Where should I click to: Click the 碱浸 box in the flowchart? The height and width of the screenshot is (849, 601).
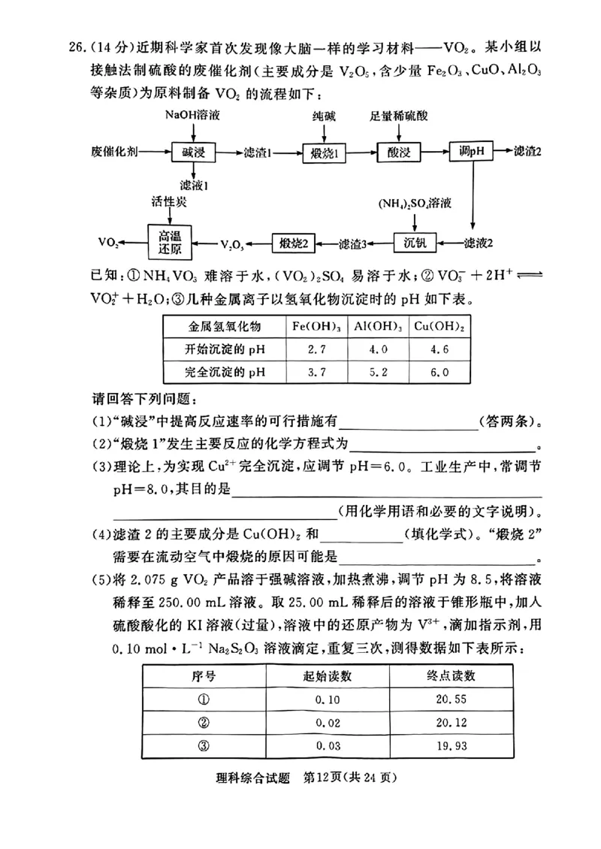click(194, 152)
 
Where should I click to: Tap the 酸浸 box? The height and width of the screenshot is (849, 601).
click(399, 152)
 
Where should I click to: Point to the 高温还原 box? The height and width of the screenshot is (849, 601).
click(170, 242)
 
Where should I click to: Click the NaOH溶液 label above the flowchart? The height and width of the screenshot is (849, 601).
click(193, 116)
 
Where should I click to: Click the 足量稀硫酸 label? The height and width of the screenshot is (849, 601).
click(399, 116)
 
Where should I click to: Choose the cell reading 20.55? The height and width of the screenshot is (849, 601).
click(450, 699)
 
